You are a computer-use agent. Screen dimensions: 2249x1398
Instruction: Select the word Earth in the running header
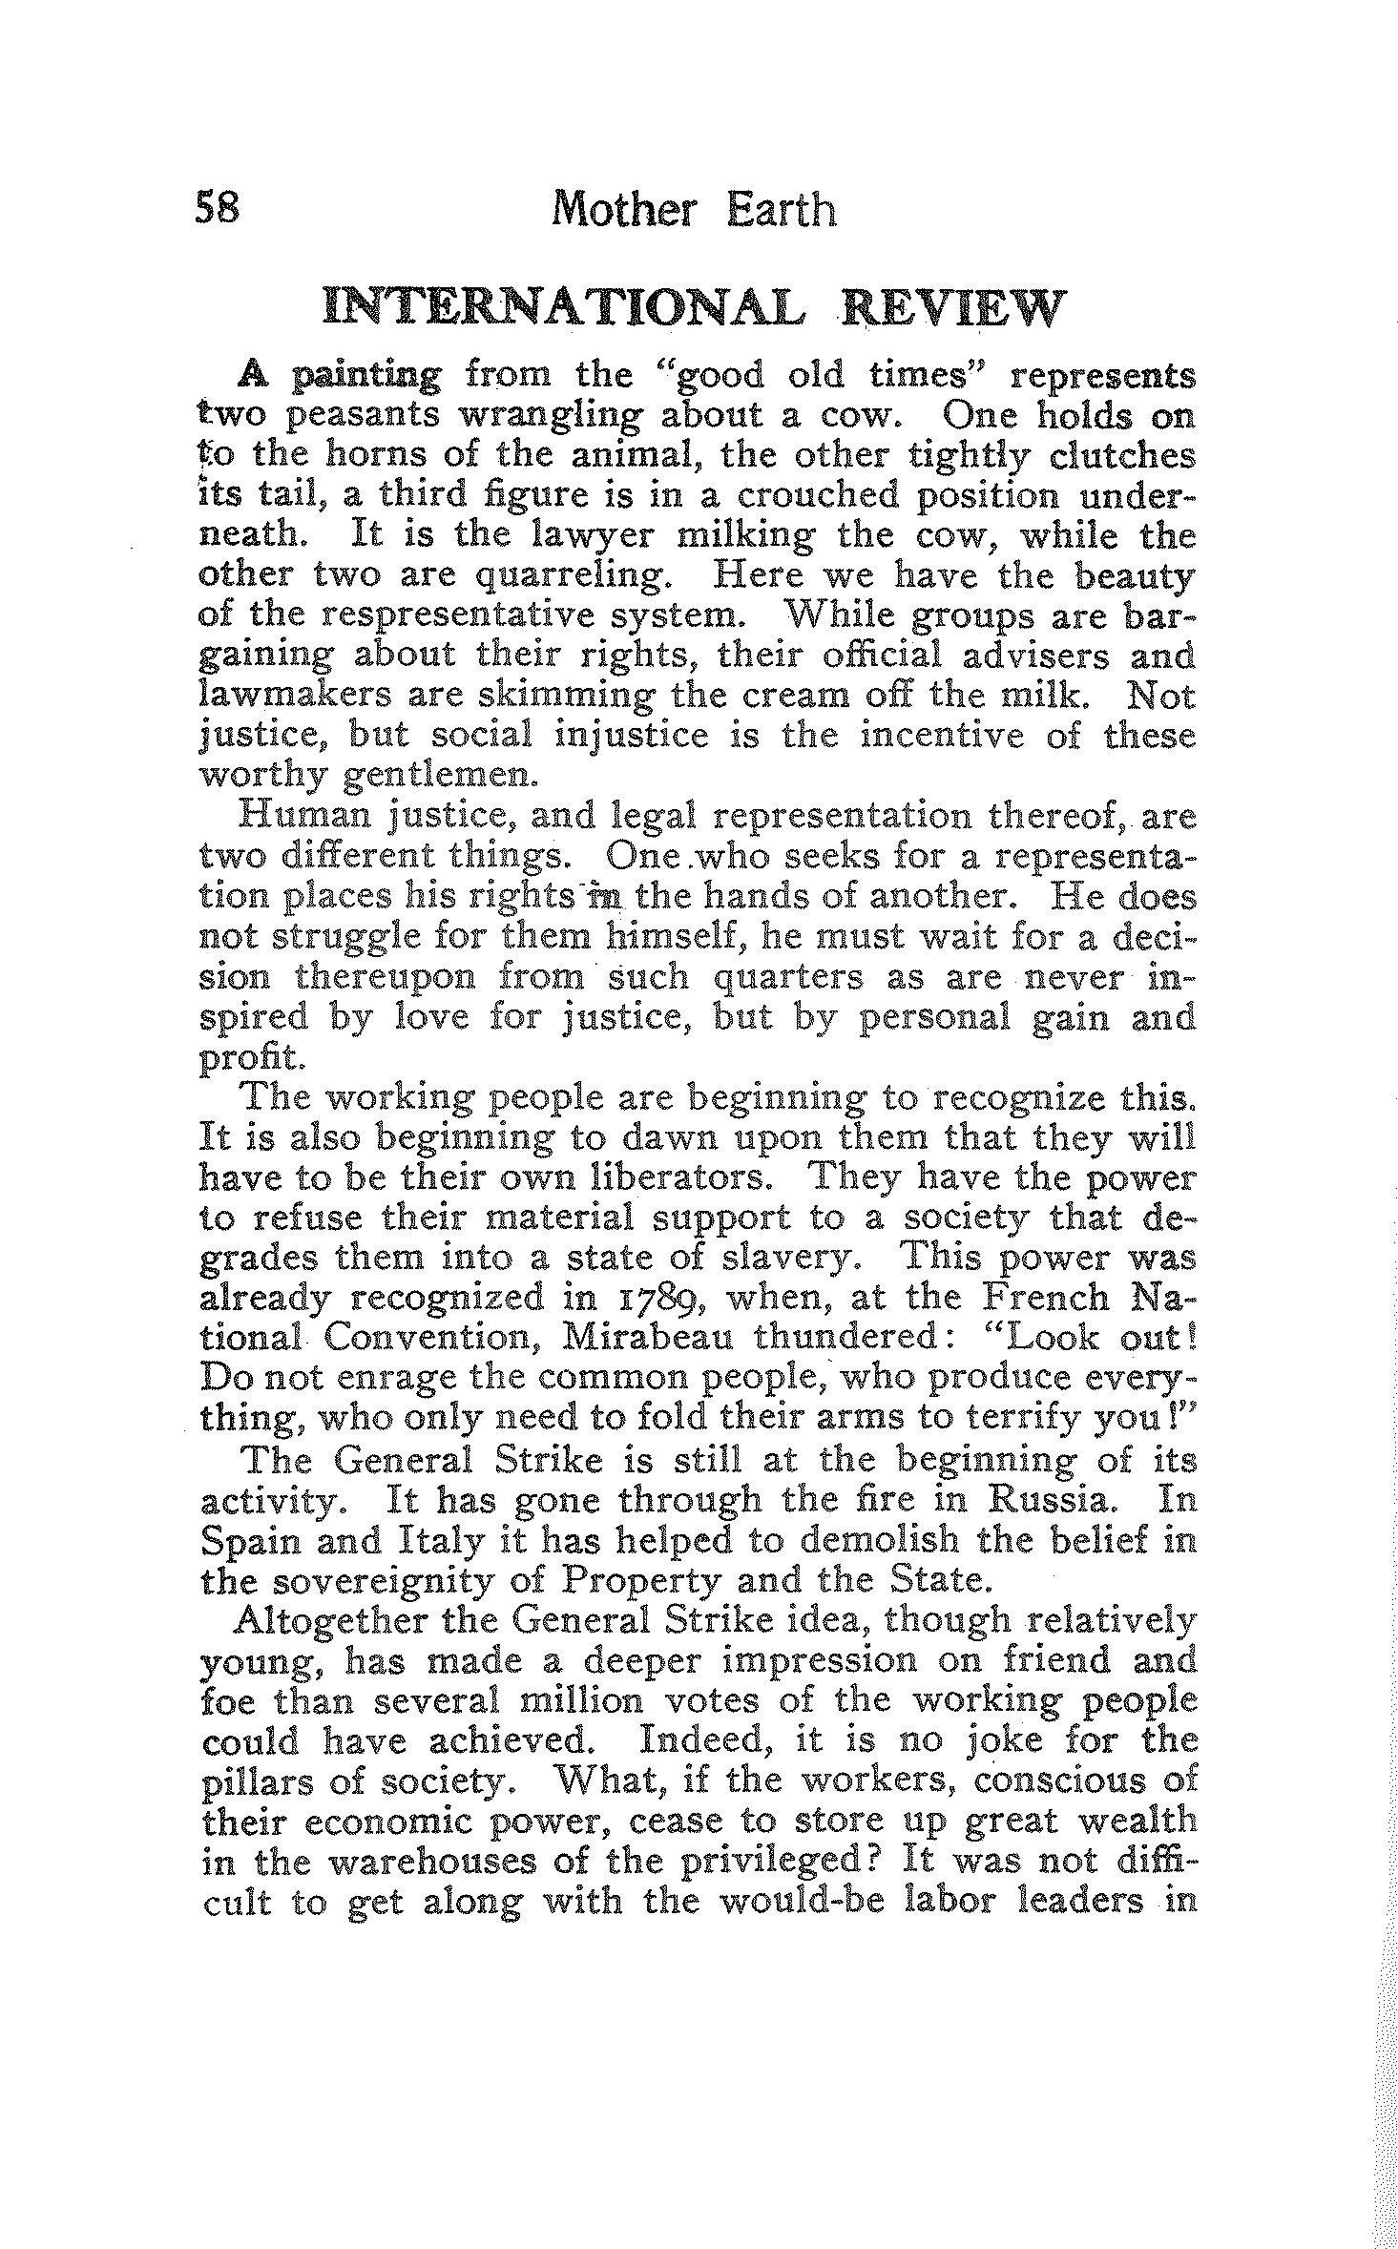click(782, 208)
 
